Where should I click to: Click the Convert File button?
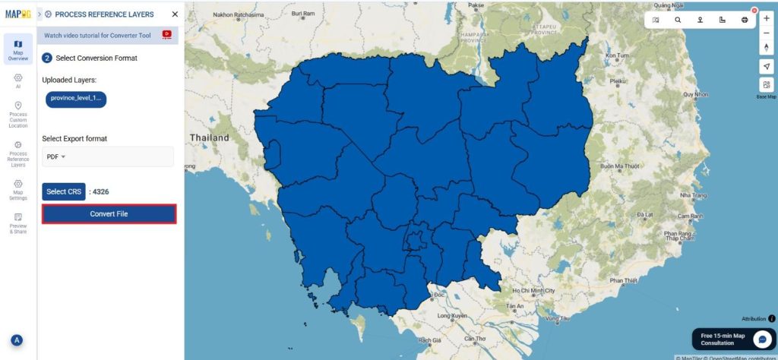[109, 214]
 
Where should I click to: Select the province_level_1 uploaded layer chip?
[76, 98]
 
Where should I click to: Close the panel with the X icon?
[176, 14]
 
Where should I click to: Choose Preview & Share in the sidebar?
[17, 223]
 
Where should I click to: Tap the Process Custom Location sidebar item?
[17, 115]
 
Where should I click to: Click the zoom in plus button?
[766, 18]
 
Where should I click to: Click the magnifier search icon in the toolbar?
[678, 21]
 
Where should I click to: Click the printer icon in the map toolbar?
[745, 21]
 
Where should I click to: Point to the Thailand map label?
[210, 137]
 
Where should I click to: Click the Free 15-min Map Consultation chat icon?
[761, 339]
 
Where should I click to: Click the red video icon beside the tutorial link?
[167, 34]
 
